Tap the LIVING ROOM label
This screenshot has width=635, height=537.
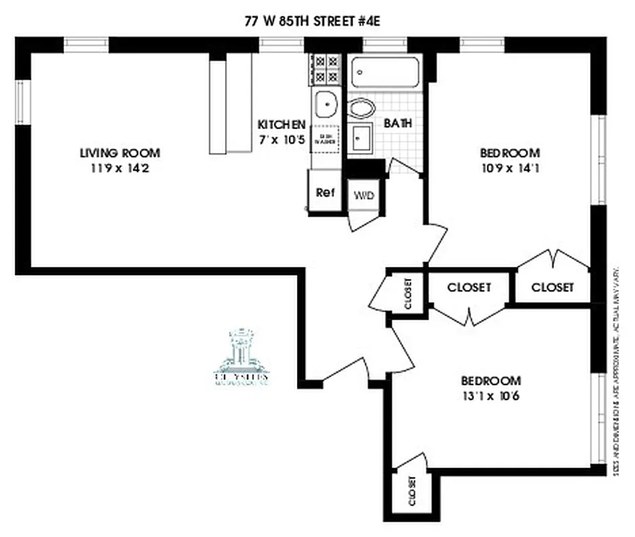120,153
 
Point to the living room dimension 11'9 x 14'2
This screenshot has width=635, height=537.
120,168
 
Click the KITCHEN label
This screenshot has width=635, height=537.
282,125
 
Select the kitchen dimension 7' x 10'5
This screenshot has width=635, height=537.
282,139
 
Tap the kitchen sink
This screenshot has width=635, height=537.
327,105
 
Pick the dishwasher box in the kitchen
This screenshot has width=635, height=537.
326,138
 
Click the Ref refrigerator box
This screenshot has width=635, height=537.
325,193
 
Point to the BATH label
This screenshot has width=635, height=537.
398,124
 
